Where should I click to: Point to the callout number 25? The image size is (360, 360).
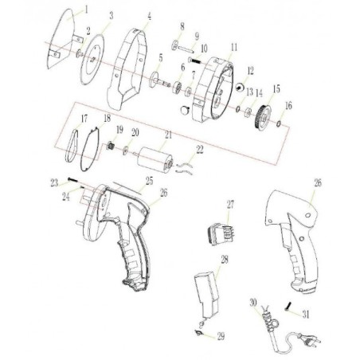tap(147, 182)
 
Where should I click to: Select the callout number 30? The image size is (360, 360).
tap(253, 303)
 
